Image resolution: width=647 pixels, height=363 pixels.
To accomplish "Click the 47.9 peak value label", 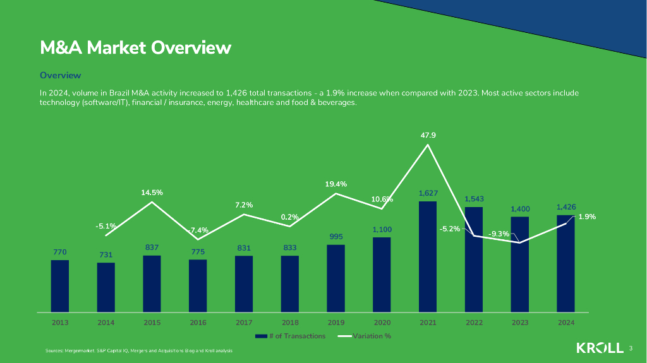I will click(x=428, y=135).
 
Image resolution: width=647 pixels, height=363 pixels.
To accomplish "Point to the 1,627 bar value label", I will click(x=428, y=193).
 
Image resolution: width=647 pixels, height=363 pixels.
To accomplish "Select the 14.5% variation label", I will click(x=152, y=192).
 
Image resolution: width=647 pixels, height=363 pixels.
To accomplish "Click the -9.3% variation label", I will click(x=499, y=234).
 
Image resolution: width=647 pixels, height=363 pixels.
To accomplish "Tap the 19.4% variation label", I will click(x=336, y=184).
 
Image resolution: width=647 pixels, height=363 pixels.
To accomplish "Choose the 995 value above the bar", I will click(x=336, y=237).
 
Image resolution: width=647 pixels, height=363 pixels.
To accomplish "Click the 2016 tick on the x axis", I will click(x=198, y=322).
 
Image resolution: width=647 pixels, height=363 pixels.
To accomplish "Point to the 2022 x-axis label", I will click(x=474, y=322).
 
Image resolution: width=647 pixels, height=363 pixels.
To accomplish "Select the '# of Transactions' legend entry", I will click(x=291, y=336).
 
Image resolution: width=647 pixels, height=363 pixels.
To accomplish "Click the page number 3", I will click(x=631, y=348).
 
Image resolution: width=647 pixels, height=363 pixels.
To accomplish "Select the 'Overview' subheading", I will click(x=60, y=75).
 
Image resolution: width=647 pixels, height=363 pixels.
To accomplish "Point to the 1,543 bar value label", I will click(x=475, y=199).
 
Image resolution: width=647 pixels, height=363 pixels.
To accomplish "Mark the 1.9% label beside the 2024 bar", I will click(x=586, y=217).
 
